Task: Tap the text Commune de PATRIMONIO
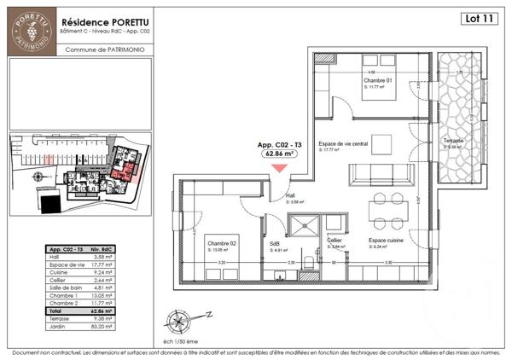pos(104,49)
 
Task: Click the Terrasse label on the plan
pos(454,140)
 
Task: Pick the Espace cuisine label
pos(386,241)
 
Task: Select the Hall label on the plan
pos(290,197)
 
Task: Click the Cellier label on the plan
pos(335,241)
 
